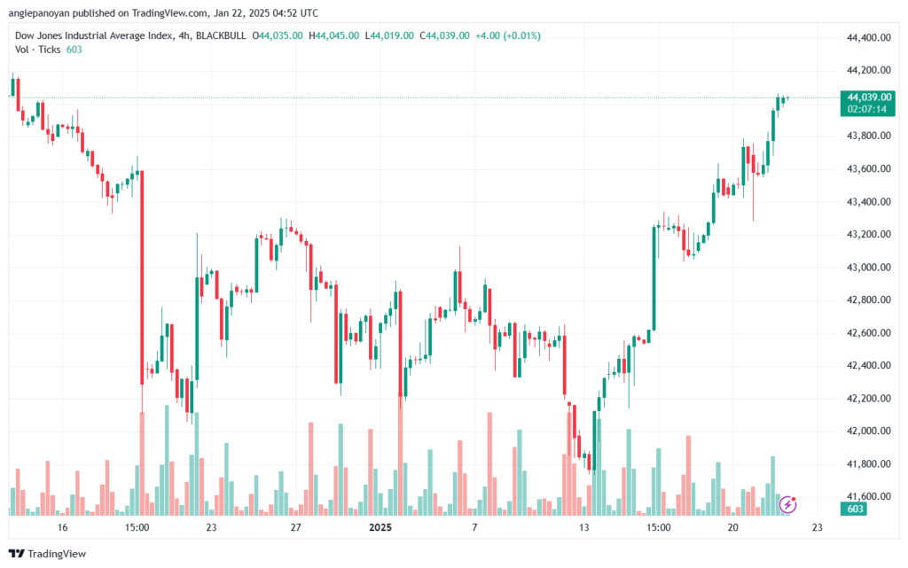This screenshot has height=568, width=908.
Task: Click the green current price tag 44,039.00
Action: tap(869, 97)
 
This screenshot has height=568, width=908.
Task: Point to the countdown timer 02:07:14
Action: tap(869, 108)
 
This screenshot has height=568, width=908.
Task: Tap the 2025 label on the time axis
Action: tap(380, 527)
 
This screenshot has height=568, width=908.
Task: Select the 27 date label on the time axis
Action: tap(296, 527)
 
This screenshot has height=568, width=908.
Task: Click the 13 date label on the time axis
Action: tap(584, 527)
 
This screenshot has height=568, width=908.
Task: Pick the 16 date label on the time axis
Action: tap(62, 527)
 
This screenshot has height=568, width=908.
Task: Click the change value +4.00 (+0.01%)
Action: tap(508, 35)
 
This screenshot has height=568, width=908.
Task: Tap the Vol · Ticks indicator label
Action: tap(37, 50)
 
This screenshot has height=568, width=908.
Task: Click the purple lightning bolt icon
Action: tap(787, 505)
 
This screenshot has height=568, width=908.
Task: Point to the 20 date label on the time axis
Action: tap(733, 527)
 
